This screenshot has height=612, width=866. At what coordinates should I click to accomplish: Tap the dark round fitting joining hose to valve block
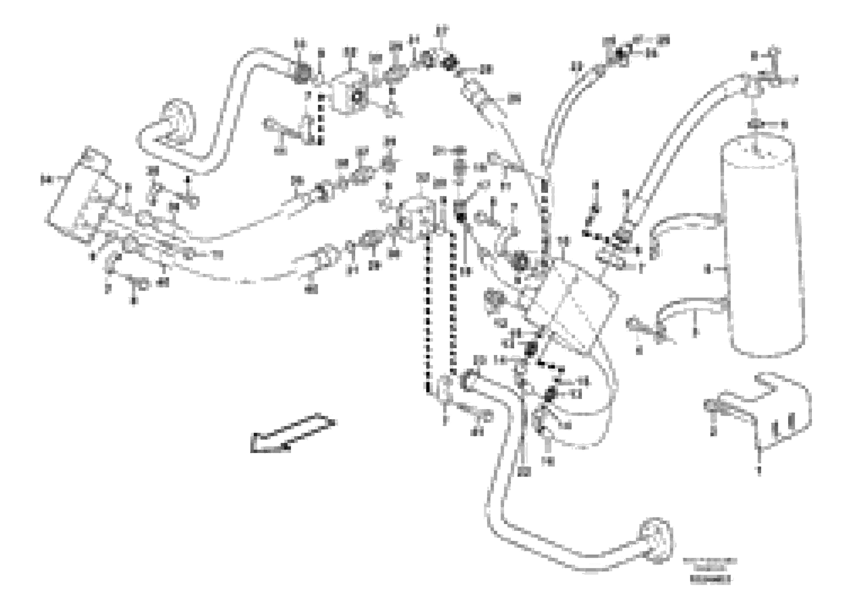302,74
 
